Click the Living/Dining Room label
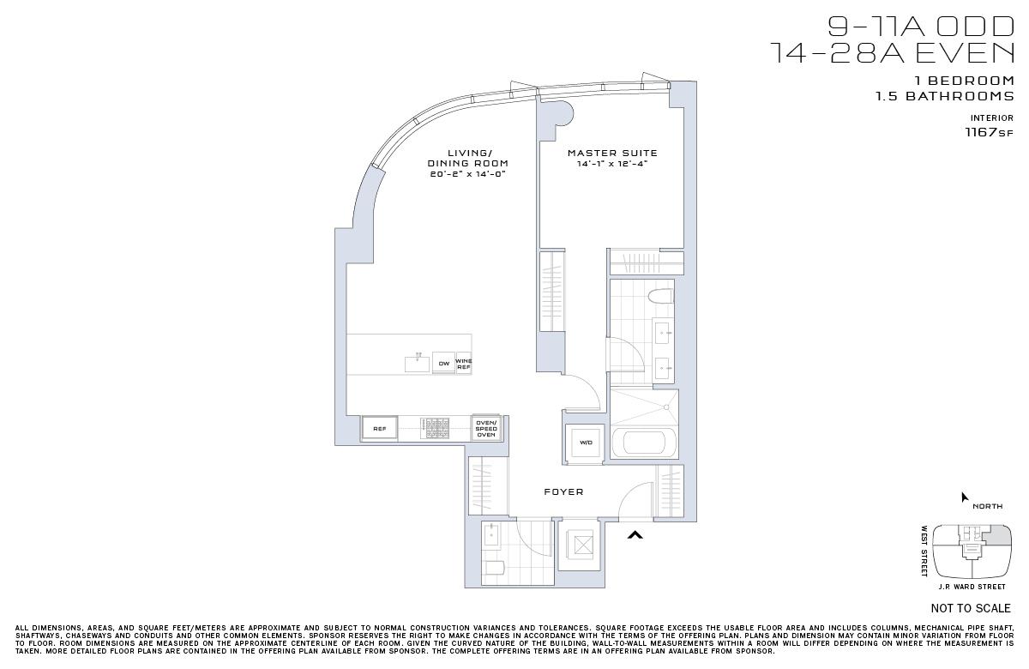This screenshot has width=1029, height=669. (x=467, y=158)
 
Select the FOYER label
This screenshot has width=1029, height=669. (x=563, y=491)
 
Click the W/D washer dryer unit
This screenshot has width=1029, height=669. (x=586, y=443)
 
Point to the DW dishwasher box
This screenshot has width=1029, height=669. (x=443, y=364)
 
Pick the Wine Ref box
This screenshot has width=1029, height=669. (x=464, y=364)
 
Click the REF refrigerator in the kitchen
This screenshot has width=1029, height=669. (x=379, y=428)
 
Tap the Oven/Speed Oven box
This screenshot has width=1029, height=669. (x=486, y=428)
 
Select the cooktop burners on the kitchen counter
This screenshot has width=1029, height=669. (x=436, y=428)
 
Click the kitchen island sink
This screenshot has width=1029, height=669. (x=417, y=363)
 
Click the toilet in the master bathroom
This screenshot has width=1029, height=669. (x=659, y=298)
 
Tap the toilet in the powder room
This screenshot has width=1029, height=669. (x=493, y=568)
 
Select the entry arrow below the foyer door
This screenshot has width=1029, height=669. (x=635, y=535)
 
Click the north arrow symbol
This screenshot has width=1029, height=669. (x=965, y=497)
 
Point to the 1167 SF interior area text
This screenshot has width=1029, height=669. (x=990, y=132)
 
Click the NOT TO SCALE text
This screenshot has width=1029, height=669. (x=971, y=608)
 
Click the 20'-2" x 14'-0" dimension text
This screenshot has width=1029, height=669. (x=467, y=173)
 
